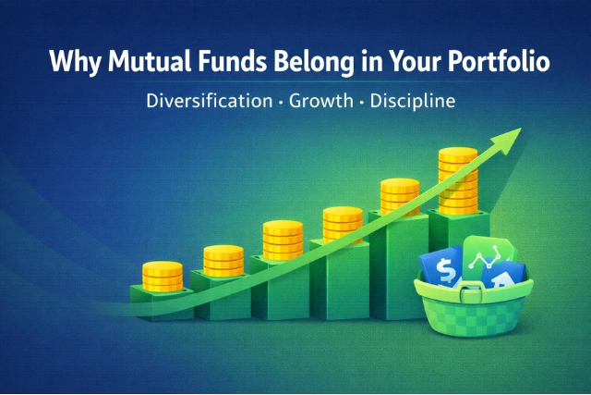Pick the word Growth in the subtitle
click(x=316, y=100)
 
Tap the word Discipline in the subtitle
click(x=412, y=100)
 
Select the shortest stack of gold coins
click(x=163, y=276)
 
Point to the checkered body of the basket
click(x=471, y=318)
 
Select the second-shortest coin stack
click(x=223, y=261)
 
